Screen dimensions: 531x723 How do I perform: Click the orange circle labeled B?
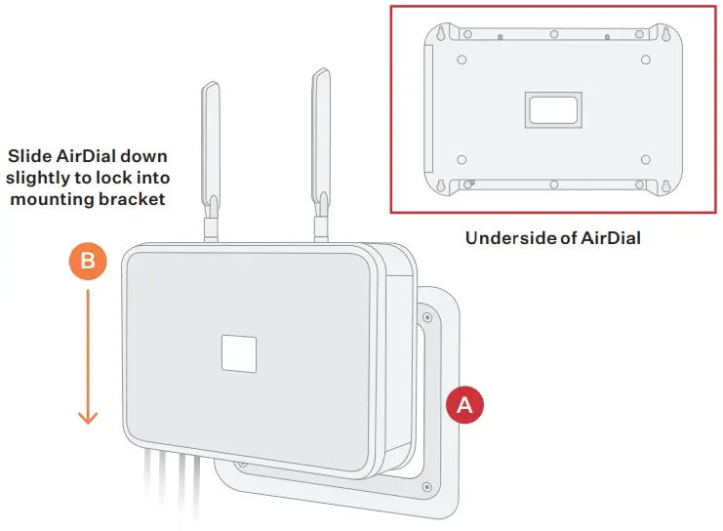click(88, 262)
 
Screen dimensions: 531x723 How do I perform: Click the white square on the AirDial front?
click(238, 352)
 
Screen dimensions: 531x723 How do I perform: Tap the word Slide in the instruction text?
click(29, 156)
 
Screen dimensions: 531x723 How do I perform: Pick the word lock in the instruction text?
click(109, 178)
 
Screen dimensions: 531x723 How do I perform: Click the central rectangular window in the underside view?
click(553, 109)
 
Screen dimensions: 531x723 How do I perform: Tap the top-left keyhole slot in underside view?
click(440, 32)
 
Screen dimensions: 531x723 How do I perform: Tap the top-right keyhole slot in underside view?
click(666, 33)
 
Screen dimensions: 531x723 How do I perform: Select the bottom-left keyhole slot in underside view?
click(440, 184)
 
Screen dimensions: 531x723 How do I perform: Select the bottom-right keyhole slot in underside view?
click(666, 185)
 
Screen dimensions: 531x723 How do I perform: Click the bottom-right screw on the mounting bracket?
click(426, 486)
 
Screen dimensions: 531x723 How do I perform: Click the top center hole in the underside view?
click(553, 33)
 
